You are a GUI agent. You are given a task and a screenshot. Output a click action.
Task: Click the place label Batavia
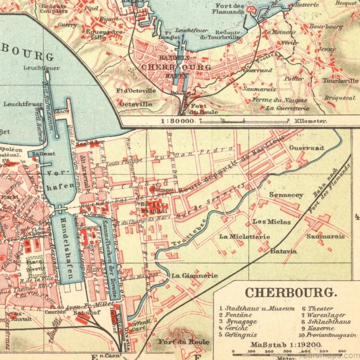pos(283,251)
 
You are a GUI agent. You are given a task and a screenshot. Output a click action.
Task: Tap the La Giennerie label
pos(194,275)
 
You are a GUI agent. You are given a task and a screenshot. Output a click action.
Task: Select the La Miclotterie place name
pos(244,237)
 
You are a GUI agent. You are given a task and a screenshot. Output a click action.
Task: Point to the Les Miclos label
pos(271,222)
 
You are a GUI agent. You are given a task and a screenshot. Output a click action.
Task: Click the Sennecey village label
pos(286,195)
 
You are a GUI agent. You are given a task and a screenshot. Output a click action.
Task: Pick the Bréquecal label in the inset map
pos(339,98)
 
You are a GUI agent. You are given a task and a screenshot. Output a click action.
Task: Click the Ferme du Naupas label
pos(279,100)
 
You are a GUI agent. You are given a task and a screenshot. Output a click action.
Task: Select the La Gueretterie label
pos(288,108)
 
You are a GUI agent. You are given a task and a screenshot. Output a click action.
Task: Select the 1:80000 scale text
pos(178,121)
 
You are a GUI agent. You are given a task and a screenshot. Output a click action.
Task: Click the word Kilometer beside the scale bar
pos(310,121)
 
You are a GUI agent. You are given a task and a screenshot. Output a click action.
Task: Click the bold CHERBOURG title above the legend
pos(290,292)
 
